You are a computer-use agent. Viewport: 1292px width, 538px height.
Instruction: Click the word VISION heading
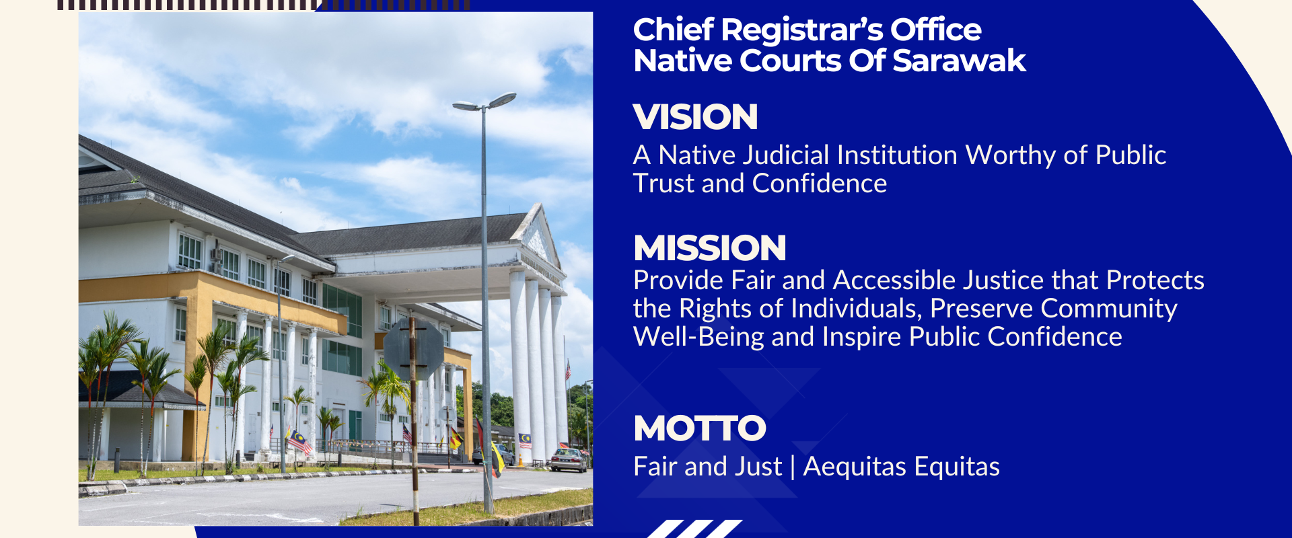pyautogui.click(x=695, y=117)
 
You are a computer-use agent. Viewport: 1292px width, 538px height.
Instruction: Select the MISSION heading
pyautogui.click(x=710, y=248)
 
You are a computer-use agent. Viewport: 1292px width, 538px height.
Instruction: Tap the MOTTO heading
pyautogui.click(x=700, y=428)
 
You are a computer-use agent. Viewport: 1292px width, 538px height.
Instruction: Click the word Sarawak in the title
pyautogui.click(x=959, y=61)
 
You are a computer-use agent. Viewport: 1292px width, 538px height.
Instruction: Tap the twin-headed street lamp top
pyautogui.click(x=485, y=102)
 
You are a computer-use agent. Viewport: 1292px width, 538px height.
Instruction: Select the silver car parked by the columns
pyautogui.click(x=568, y=461)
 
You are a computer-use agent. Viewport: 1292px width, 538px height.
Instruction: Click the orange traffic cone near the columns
pyautogui.click(x=520, y=461)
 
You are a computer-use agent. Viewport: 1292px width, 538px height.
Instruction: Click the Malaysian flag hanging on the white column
pyautogui.click(x=525, y=440)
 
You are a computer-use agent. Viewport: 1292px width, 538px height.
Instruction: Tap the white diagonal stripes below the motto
pyautogui.click(x=694, y=529)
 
